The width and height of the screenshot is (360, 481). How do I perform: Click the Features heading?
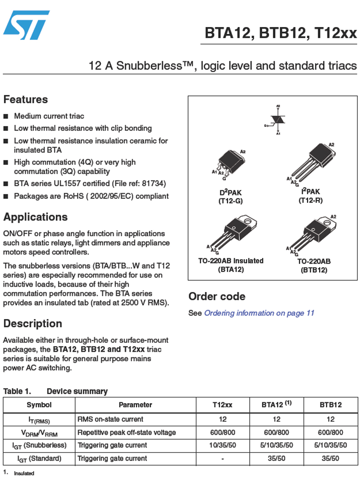pos(26,99)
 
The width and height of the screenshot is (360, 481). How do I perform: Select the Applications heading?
pos(36,217)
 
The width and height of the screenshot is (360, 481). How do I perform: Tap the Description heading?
pos(32,324)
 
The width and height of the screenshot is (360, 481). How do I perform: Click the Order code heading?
pos(217,297)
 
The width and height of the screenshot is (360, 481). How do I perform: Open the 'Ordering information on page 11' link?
pos(259,313)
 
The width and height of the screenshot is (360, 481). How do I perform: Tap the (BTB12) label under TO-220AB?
pos(314,270)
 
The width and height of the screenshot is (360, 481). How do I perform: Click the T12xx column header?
pos(222,405)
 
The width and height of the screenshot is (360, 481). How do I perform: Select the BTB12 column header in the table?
pos(331,405)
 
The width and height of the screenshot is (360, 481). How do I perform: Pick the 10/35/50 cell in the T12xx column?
pos(222,445)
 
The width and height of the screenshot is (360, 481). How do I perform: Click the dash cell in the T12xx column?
pos(222,459)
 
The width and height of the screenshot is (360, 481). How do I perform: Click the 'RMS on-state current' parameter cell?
pos(110,419)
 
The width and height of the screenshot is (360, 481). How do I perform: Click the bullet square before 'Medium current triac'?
pos(6,117)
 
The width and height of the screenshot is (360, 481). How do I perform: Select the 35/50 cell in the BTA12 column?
pos(276,459)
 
